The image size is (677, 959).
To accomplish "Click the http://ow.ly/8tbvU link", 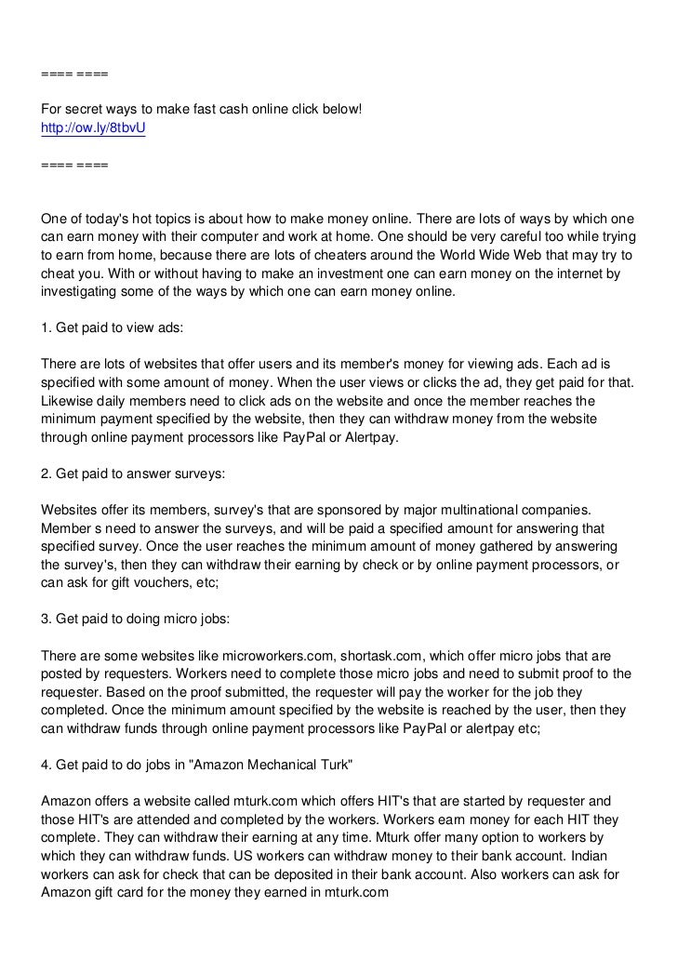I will pos(93,130).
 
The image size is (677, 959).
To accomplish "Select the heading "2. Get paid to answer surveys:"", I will pos(133,473).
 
